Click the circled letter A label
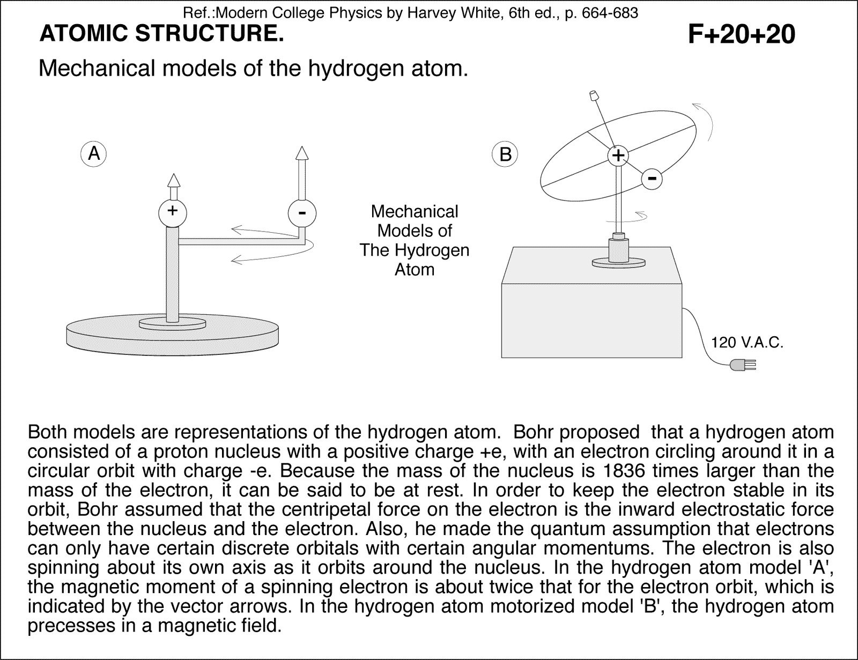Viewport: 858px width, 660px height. point(94,154)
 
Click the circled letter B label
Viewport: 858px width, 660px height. point(505,154)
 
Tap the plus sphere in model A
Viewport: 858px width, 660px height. point(172,211)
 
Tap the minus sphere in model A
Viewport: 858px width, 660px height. point(302,213)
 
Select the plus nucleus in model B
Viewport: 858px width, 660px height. point(618,155)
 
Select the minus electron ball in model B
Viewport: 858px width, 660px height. point(652,178)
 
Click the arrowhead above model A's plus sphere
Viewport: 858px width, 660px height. point(173,180)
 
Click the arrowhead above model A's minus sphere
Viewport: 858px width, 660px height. point(302,153)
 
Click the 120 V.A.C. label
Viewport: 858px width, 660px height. point(747,342)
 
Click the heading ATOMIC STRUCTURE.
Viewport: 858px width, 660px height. point(161,34)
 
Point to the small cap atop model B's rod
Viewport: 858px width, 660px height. point(594,96)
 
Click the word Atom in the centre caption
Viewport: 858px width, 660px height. point(414,269)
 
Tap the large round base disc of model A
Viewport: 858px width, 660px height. point(172,335)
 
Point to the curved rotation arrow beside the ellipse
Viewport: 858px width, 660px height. point(707,121)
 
